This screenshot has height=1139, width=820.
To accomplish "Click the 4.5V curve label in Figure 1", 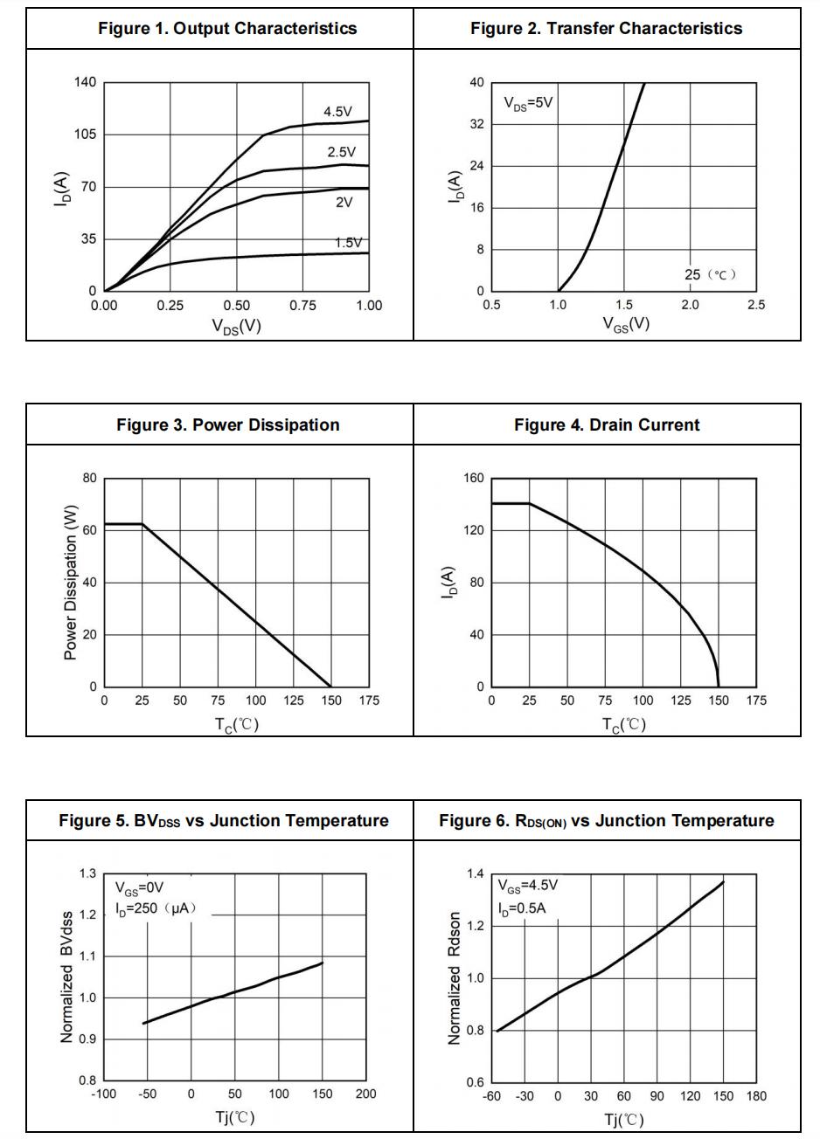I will (337, 112).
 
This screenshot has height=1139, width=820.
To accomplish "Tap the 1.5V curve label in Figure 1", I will (348, 243).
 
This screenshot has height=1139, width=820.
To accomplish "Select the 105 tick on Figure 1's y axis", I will (85, 135).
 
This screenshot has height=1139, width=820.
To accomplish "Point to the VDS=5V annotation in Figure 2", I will (528, 103).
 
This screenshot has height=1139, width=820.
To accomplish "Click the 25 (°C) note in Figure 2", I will (710, 274).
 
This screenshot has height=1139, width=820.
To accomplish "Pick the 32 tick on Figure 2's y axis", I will (476, 124).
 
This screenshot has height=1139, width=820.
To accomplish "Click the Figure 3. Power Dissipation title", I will (227, 425).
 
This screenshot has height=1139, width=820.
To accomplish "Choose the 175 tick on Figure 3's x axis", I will (368, 701).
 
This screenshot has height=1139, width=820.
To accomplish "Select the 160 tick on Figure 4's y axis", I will (473, 479).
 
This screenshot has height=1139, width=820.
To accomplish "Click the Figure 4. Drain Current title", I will (607, 425).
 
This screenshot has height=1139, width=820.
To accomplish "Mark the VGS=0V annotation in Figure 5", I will (140, 888).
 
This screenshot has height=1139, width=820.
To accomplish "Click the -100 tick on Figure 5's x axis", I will (103, 1094).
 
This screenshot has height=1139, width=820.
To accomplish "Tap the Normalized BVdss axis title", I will (67, 977).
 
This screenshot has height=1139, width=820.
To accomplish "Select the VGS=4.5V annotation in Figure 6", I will (527, 886).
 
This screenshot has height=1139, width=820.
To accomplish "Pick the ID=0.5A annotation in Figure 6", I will (521, 908).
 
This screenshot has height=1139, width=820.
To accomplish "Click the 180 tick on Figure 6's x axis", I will (756, 1096).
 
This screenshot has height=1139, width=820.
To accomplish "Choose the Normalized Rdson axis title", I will (455, 978).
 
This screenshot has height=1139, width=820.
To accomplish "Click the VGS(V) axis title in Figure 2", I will (626, 324).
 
